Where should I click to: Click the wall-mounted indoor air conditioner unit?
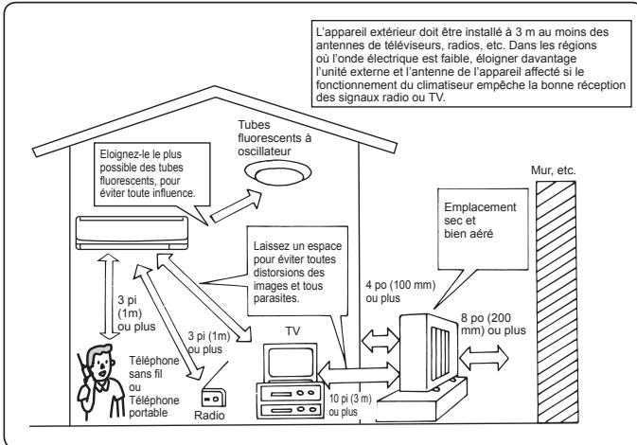132,233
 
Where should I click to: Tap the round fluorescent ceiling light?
278,173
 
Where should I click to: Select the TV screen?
290,363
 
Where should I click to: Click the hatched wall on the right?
557,301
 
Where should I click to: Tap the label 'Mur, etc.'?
554,170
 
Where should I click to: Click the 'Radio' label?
209,416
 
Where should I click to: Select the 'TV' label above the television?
292,331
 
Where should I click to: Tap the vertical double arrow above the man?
109,296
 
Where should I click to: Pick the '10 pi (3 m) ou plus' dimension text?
350,405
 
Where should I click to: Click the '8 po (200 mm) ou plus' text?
493,324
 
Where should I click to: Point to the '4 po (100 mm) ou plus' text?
400,292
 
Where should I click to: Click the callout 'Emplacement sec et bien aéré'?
480,221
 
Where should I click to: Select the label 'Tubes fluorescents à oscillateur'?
274,138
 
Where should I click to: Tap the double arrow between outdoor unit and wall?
484,358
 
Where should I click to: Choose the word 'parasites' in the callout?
275,298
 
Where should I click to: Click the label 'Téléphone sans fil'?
153,367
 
